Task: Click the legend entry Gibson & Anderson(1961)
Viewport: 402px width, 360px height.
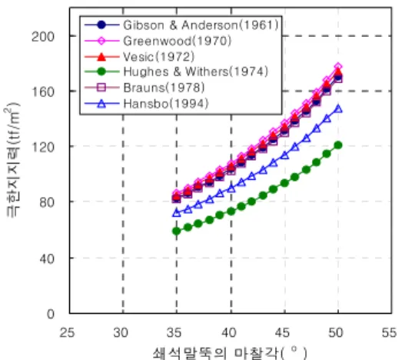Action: [x=201, y=25]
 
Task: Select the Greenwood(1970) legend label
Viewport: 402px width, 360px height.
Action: [x=177, y=41]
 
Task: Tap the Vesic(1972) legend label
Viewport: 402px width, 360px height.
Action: [x=158, y=57]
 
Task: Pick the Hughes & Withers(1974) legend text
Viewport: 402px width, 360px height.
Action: [x=195, y=72]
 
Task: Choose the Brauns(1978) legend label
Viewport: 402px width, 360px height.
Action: [x=164, y=88]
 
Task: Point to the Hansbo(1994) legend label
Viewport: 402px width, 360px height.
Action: [x=166, y=104]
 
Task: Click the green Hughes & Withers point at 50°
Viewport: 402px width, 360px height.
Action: [x=338, y=145]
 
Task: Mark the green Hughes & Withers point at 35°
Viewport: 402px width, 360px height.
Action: [x=176, y=232]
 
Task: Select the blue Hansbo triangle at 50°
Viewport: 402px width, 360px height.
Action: [x=338, y=108]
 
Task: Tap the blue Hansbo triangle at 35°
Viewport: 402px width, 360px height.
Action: [x=176, y=212]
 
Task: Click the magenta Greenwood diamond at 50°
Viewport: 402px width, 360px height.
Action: [x=338, y=66]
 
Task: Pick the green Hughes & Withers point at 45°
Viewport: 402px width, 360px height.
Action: [x=284, y=183]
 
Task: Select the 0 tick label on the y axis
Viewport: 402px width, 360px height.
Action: [x=51, y=314]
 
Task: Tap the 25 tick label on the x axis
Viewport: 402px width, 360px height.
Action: [x=67, y=333]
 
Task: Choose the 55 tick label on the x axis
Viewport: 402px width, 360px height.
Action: [x=389, y=333]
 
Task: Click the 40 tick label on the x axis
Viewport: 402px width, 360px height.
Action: [x=229, y=333]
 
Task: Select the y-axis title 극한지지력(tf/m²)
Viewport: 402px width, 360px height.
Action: [x=12, y=159]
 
